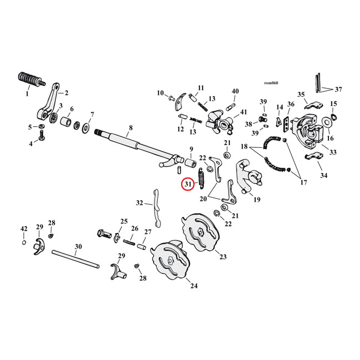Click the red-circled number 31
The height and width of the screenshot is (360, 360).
click(187, 184)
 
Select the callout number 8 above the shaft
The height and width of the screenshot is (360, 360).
click(131, 128)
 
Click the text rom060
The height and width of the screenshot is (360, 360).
click(271, 84)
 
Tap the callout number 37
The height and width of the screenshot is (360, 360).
click(339, 89)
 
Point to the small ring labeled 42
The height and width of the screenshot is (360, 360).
click(24, 242)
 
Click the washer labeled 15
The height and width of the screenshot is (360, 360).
click(333, 119)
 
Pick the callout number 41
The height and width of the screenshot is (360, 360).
click(244, 112)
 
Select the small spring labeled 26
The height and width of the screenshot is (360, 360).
click(129, 241)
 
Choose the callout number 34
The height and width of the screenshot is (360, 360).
click(323, 176)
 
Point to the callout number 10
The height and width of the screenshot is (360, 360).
click(160, 92)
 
